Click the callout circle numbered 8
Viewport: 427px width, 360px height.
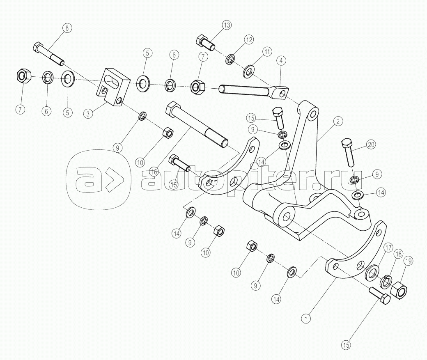coord(67,28)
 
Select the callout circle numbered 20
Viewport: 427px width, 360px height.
coord(371,144)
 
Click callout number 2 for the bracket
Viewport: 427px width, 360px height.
coord(338,121)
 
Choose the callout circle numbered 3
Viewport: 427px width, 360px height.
coord(88,114)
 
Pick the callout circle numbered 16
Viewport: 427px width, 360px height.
coord(154,172)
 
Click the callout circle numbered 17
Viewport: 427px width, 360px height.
coord(388,248)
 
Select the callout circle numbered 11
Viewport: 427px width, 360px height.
coord(267,51)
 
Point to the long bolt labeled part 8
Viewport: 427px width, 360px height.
coord(49,54)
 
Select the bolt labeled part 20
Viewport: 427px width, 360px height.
coord(348,152)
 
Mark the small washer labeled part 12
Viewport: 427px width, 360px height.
coord(231,60)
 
